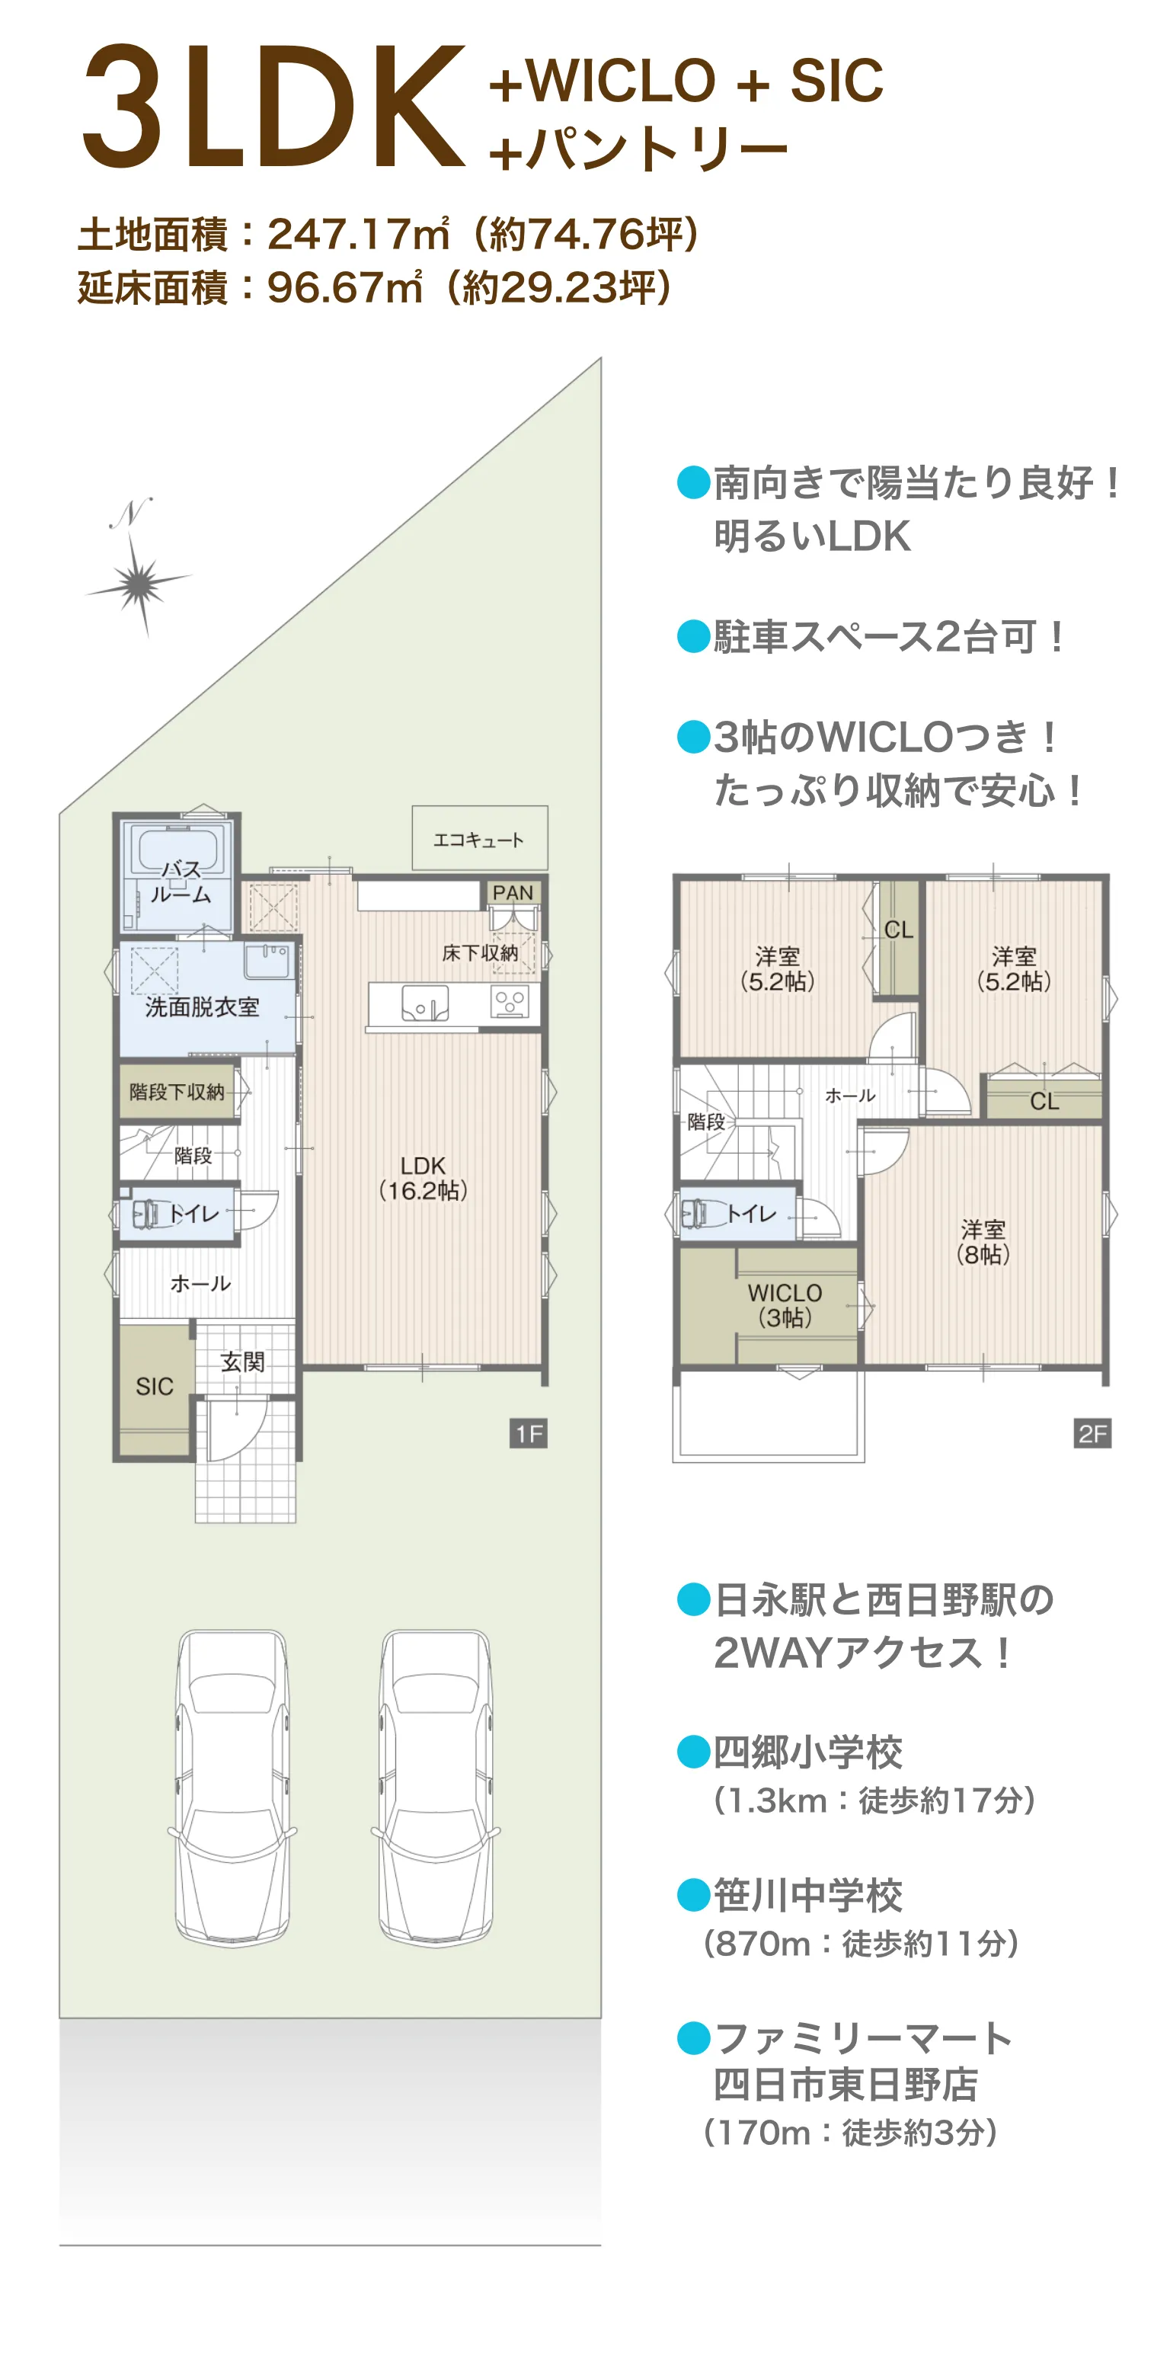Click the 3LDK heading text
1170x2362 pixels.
coord(273,108)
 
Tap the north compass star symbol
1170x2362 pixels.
coord(139,582)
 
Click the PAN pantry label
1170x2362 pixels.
coord(512,892)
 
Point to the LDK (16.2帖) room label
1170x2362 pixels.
coord(423,1177)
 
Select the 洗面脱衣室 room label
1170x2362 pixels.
coord(202,1007)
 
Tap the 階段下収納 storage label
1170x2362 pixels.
coord(176,1091)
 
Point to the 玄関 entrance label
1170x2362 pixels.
coord(243,1362)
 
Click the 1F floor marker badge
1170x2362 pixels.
coord(528,1433)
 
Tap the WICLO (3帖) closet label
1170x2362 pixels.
coord(784,1304)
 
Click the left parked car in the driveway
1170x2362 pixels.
coord(232,1788)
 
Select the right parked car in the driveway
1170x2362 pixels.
coord(436,1788)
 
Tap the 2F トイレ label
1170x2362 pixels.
coord(751,1214)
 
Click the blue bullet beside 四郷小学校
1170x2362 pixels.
coord(693,1752)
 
